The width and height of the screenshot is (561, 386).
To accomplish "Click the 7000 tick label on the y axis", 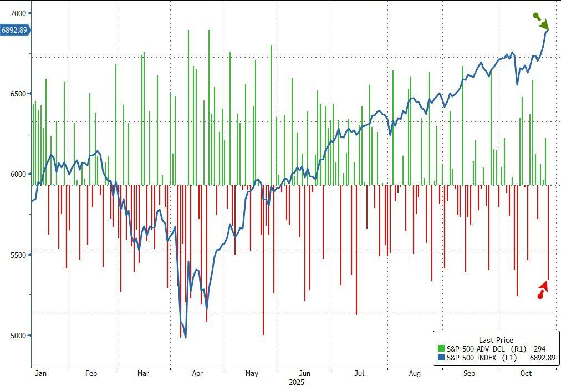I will pos(15,13).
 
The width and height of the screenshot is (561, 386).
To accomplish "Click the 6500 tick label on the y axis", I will pos(15,94).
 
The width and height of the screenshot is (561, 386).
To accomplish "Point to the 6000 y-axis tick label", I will pos(15,174).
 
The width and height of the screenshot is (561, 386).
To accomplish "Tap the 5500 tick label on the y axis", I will pos(15,255).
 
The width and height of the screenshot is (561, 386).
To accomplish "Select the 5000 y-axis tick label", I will pos(15,336).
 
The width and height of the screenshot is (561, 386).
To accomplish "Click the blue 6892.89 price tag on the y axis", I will pos(14,31).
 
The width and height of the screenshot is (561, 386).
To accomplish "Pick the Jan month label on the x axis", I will pos(40,374).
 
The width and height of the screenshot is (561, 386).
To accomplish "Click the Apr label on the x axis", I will pos(197,374).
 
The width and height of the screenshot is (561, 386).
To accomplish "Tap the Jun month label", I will pos(304,374).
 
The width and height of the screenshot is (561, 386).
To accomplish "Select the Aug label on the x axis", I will pos(415,374).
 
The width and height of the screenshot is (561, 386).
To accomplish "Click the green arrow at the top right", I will pos(542,22).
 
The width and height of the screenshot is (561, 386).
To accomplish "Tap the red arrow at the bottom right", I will pos(543,290).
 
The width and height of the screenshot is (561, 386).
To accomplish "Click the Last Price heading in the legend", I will pos(496,340).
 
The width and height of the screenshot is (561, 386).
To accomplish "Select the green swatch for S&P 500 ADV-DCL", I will pos(441,348).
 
